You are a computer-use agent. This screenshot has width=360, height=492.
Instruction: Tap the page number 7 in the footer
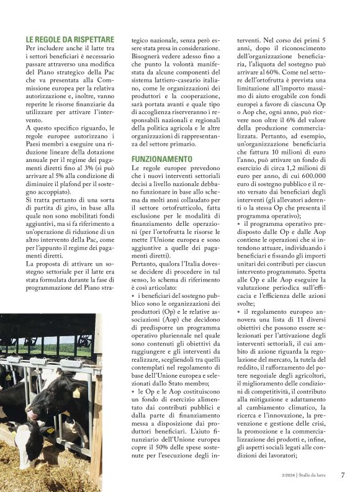click(x=343, y=475)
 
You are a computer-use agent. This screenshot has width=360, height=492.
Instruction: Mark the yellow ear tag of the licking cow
click(x=76, y=392)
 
